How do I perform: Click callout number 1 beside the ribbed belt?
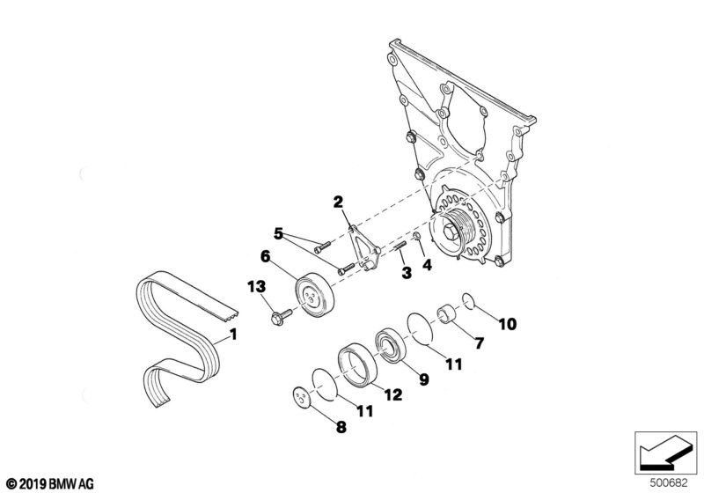(233, 334)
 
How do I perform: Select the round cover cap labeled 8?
(304, 399)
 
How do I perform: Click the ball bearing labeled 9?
(388, 343)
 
